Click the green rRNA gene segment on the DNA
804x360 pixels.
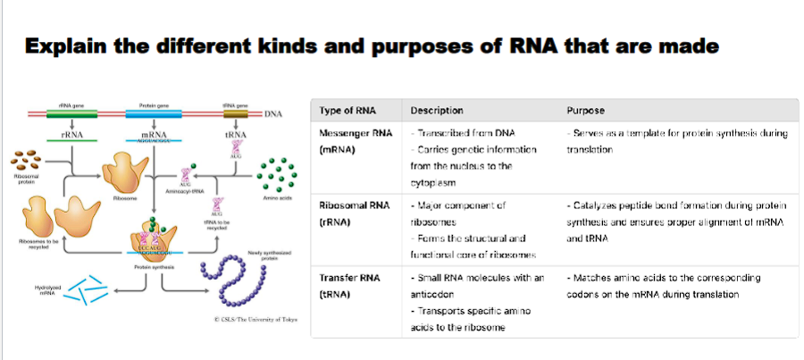(64, 114)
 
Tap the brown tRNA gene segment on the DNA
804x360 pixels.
(236, 114)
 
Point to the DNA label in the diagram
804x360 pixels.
(272, 114)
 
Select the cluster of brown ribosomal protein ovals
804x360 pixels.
(24, 160)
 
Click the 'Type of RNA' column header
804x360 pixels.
(348, 111)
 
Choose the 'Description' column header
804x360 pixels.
(436, 111)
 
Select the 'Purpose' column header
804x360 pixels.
(586, 111)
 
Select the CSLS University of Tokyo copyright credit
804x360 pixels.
(255, 318)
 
